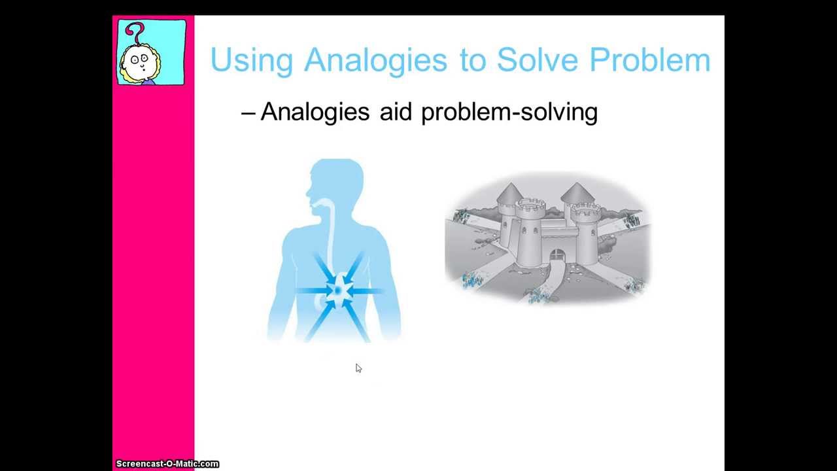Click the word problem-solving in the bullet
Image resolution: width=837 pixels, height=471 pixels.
click(509, 113)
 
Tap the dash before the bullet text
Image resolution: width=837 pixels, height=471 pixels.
click(248, 113)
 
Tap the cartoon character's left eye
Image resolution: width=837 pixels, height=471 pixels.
click(134, 59)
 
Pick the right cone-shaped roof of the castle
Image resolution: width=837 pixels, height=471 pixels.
click(576, 194)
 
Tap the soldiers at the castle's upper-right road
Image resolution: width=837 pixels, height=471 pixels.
click(632, 221)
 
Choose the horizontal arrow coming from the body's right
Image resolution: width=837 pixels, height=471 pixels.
click(370, 290)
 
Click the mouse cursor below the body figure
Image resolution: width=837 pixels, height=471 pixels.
click(358, 368)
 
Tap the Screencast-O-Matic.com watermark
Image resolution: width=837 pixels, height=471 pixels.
click(167, 464)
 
